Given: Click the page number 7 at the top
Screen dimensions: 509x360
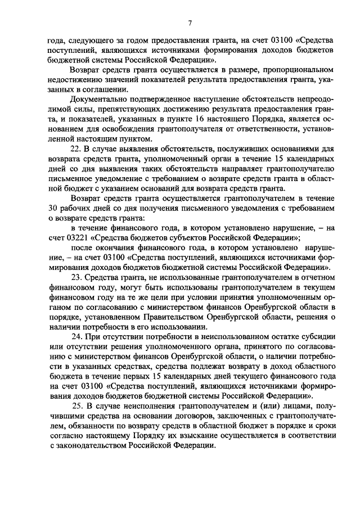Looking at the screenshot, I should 190,23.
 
